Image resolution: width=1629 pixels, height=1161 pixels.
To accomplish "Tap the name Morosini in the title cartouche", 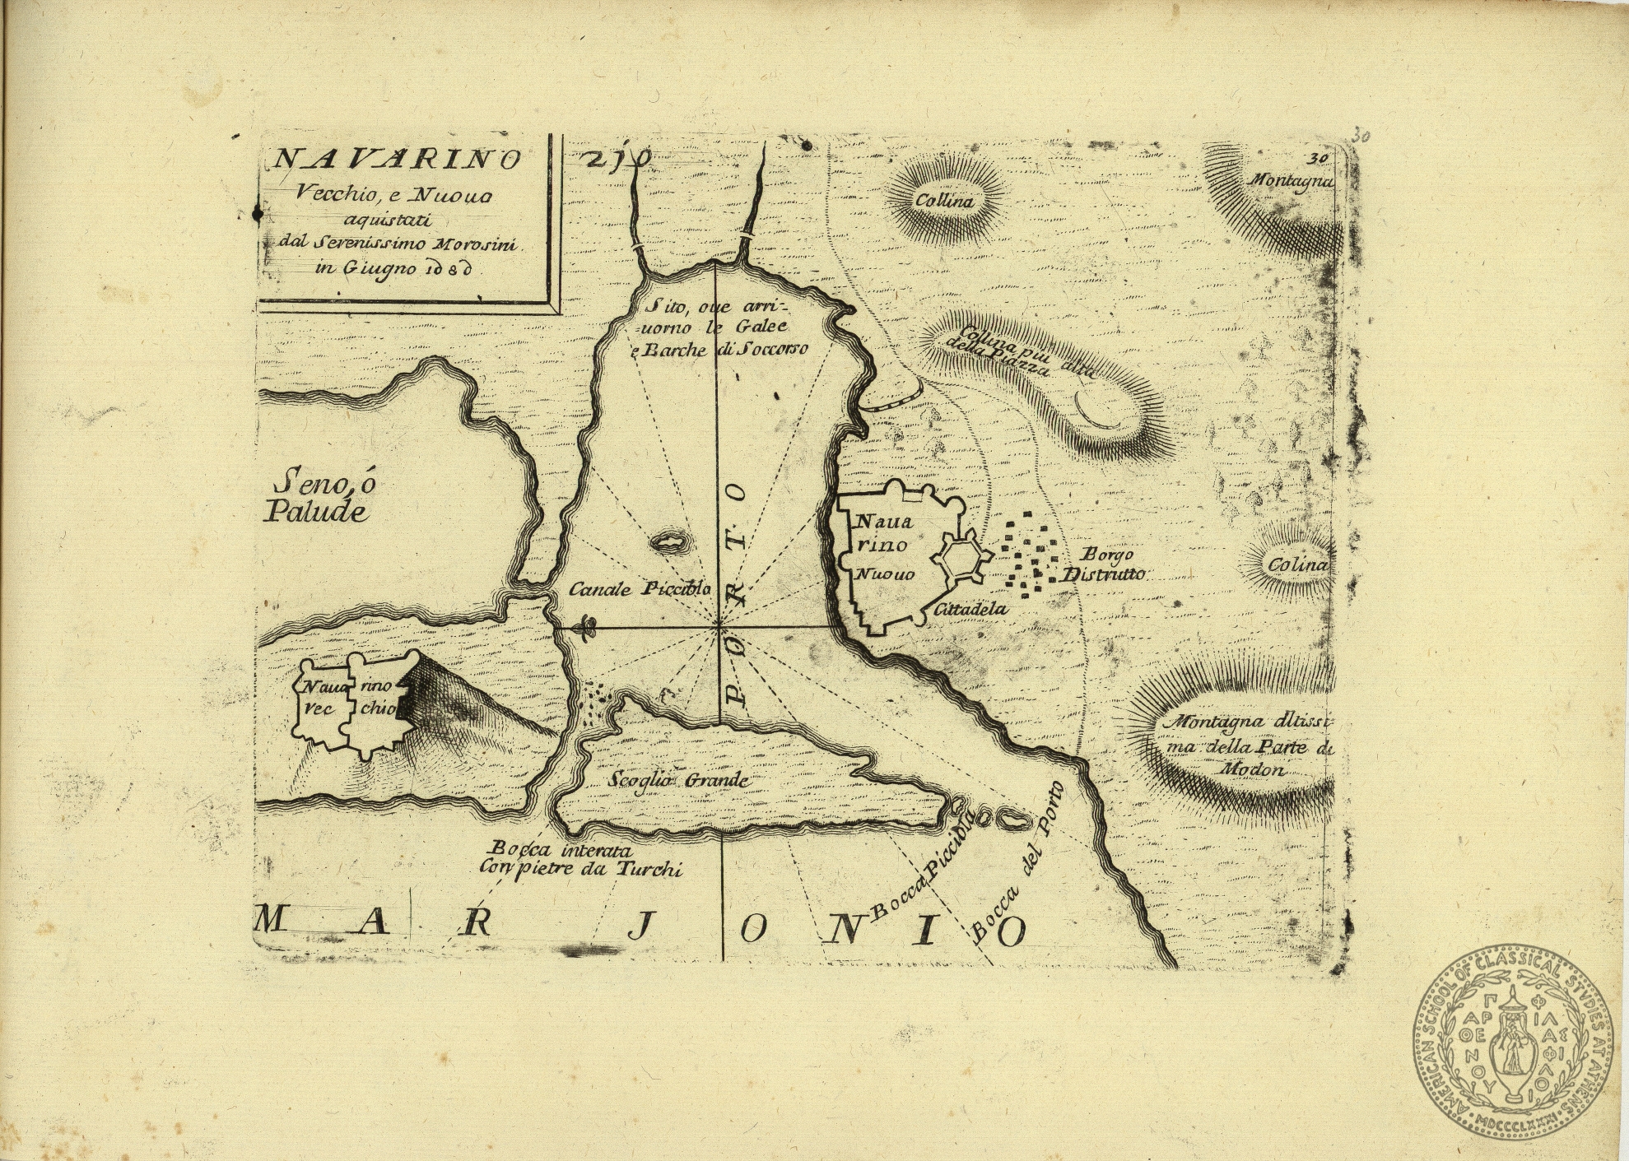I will pyautogui.click(x=480, y=244).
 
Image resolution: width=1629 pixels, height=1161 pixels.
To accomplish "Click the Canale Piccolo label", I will pyautogui.click(x=640, y=589).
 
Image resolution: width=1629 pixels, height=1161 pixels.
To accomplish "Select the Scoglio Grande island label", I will pyautogui.click(x=678, y=779).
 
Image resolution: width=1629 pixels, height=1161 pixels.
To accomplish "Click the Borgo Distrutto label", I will pyautogui.click(x=1103, y=564).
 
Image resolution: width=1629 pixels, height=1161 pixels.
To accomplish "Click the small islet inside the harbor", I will pyautogui.click(x=669, y=541).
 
